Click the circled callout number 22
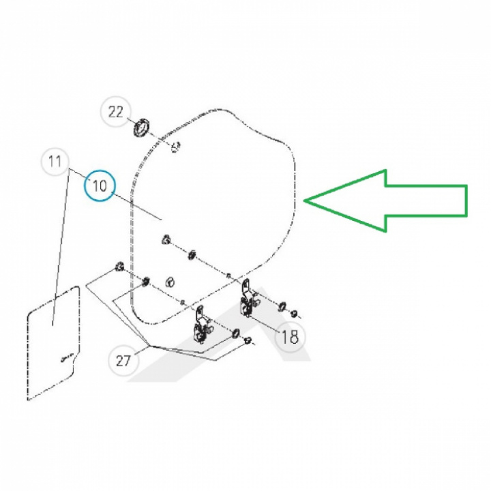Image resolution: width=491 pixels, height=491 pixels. tap(116, 112)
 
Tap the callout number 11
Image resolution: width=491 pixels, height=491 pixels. tap(55, 162)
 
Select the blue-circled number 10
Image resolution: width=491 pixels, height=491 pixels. tap(100, 186)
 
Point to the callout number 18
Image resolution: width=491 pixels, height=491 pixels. tap(290, 337)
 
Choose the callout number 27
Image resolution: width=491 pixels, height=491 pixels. tap(123, 361)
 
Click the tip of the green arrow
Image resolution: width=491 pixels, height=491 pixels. tap(303, 200)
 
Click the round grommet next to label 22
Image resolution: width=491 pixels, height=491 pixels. tap(142, 127)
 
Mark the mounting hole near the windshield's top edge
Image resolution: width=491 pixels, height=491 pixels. tap(176, 146)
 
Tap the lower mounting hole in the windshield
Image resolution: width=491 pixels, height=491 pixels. tap(170, 282)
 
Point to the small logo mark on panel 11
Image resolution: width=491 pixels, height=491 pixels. tap(67, 358)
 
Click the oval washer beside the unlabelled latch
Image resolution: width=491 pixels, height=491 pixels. tap(235, 333)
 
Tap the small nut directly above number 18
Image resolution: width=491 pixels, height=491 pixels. tap(294, 313)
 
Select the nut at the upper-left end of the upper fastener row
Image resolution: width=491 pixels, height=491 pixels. tap(166, 240)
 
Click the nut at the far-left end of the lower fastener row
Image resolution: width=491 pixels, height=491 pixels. tap(119, 267)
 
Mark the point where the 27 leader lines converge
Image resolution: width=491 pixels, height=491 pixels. tap(149, 346)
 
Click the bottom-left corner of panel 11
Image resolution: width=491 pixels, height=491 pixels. tap(27, 400)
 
